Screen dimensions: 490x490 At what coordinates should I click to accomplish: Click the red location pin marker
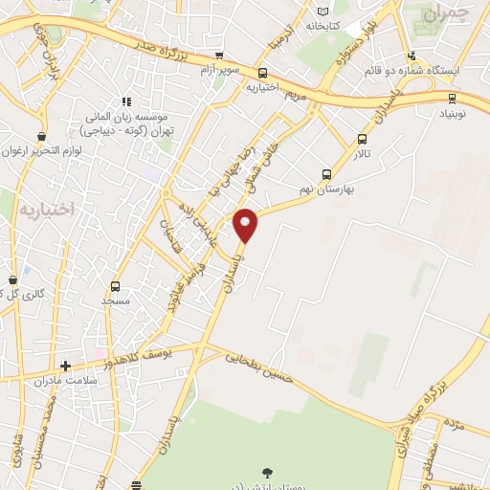click(247, 225)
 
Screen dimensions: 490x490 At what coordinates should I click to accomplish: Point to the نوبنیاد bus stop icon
click(452, 97)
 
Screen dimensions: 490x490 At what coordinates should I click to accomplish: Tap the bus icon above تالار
click(362, 139)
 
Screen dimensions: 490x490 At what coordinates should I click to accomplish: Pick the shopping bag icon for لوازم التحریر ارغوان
click(40, 137)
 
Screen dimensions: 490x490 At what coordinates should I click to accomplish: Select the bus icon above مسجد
click(115, 285)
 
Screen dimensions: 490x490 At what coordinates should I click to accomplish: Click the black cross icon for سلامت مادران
click(65, 366)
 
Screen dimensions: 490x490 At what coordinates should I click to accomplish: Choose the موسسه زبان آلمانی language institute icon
click(125, 101)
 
